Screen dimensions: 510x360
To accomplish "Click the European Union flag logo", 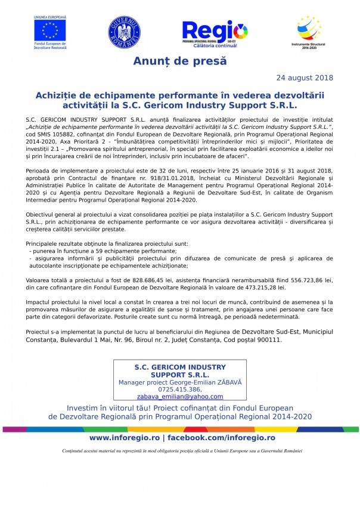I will tap(49, 29).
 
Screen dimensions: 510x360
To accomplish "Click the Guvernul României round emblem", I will tap(124, 32).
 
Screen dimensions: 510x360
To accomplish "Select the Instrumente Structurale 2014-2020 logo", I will tap(309, 32).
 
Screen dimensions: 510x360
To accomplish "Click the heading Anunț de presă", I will tap(180, 61).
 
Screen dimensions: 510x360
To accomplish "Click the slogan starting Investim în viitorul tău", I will tap(180, 412).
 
